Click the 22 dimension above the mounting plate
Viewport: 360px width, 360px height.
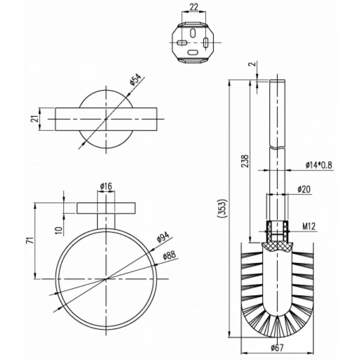coord(194,7)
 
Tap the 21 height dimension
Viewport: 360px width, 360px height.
coord(34,119)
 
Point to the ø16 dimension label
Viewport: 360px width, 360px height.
coord(106,186)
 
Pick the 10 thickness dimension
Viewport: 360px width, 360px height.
coord(59,230)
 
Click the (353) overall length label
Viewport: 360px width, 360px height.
coord(222,208)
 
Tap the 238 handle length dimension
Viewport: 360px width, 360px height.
coord(245,161)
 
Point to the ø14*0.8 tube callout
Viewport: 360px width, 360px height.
coord(319,165)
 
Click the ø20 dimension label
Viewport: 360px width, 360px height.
coord(304,189)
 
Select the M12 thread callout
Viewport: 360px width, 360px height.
coord(309,226)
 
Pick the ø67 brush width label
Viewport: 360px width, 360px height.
coord(277,348)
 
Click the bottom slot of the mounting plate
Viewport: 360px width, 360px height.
coord(193,53)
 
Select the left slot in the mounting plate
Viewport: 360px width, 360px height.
coord(182,43)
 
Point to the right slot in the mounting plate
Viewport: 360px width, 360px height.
coord(206,43)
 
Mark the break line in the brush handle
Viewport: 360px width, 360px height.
coord(277,147)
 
